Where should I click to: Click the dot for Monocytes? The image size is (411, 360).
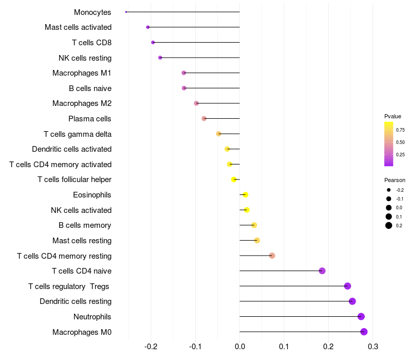click(x=126, y=12)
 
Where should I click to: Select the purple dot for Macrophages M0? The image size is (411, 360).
click(x=364, y=332)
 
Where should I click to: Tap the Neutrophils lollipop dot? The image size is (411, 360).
click(x=361, y=316)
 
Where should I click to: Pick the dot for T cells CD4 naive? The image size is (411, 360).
click(x=322, y=271)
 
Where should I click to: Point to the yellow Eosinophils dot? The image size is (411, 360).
click(x=246, y=195)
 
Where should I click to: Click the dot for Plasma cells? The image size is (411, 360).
click(x=204, y=119)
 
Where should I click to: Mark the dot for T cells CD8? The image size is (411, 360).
click(x=153, y=42)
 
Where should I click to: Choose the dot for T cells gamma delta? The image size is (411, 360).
click(x=219, y=134)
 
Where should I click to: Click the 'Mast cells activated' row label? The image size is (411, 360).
click(x=78, y=27)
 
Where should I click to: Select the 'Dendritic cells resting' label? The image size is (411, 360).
click(x=76, y=301)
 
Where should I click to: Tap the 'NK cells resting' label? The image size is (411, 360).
click(x=85, y=58)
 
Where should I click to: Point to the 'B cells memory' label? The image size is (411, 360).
click(x=85, y=225)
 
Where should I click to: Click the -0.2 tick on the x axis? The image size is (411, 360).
click(x=151, y=347)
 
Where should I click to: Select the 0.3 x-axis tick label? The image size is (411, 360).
click(x=373, y=347)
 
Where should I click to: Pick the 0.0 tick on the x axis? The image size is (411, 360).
click(x=239, y=347)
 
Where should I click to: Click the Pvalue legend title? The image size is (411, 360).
click(x=393, y=116)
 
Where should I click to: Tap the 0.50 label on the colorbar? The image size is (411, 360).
click(x=400, y=142)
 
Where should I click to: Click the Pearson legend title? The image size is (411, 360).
click(x=395, y=181)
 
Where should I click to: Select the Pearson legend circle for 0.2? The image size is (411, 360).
click(x=389, y=225)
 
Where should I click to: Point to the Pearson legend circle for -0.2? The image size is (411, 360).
click(x=389, y=190)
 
